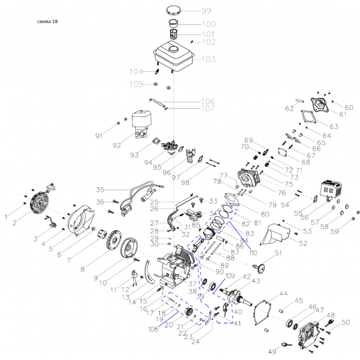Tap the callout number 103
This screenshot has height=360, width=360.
[x=208, y=60]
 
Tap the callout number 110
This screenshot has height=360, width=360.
[x=253, y=253]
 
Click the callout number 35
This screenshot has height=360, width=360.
[x=100, y=189]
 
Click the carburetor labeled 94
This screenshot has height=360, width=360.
[x=170, y=148]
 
